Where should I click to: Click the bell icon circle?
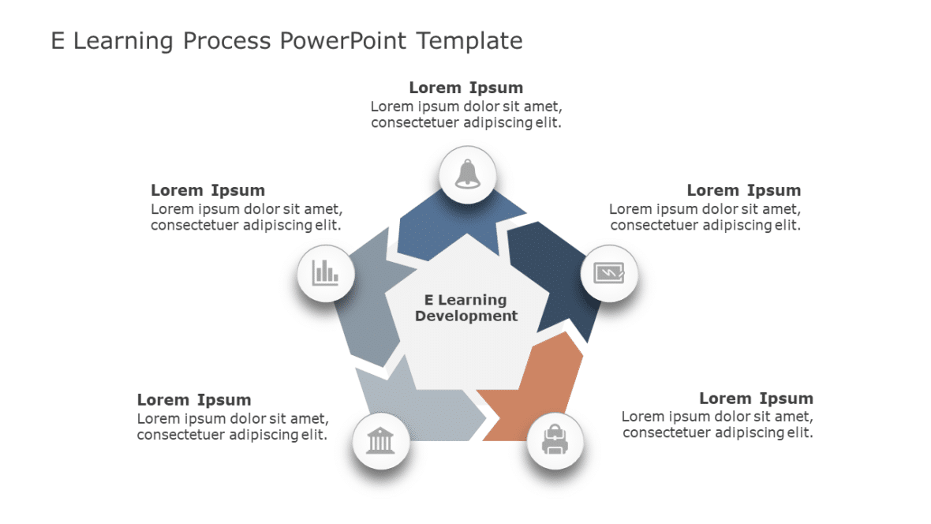pos(467,174)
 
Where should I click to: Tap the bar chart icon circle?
pos(325,273)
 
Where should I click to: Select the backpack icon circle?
pos(555,441)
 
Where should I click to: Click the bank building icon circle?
pos(380,441)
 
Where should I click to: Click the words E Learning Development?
pos(466,308)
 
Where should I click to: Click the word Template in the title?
pos(469,40)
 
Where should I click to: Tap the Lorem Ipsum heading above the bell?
pos(466,88)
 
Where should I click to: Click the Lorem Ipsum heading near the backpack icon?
pos(756,399)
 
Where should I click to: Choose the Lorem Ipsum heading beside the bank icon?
pos(194,400)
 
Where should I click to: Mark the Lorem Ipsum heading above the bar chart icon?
pos(208,190)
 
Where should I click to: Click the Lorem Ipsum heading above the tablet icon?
pos(743,190)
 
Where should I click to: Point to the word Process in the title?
pos(227,40)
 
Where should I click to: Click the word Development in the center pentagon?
pos(466,316)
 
